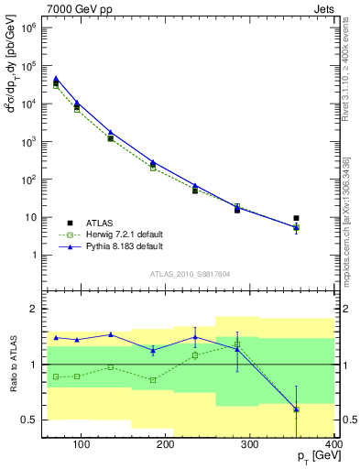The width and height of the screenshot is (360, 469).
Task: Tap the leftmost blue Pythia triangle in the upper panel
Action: (x=56, y=79)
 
